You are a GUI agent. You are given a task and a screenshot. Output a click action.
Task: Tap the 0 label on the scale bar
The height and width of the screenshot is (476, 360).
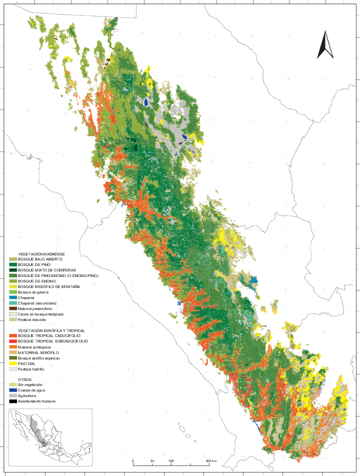132,460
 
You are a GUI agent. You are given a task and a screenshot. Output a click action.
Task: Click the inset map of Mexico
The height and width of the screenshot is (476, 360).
50,429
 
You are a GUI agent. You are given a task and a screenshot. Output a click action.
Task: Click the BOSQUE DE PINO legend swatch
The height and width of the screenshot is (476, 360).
12,264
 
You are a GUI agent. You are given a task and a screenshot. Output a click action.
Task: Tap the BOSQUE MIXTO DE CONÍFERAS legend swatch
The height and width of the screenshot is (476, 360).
12,270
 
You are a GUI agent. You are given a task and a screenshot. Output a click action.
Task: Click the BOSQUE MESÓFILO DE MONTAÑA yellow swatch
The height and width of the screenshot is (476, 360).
12,286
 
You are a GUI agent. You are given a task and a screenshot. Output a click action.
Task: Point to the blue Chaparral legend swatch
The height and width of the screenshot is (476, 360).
12,297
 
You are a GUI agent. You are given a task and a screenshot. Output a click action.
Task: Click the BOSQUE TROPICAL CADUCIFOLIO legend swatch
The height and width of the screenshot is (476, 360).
12,336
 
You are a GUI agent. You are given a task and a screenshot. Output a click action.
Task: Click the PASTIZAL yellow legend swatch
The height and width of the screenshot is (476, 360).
12,363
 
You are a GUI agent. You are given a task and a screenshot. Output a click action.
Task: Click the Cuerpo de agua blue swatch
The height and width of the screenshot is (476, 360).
12,390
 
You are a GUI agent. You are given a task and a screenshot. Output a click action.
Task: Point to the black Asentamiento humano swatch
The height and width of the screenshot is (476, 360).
12,401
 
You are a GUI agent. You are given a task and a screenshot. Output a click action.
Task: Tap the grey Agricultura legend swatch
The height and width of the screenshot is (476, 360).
12,395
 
